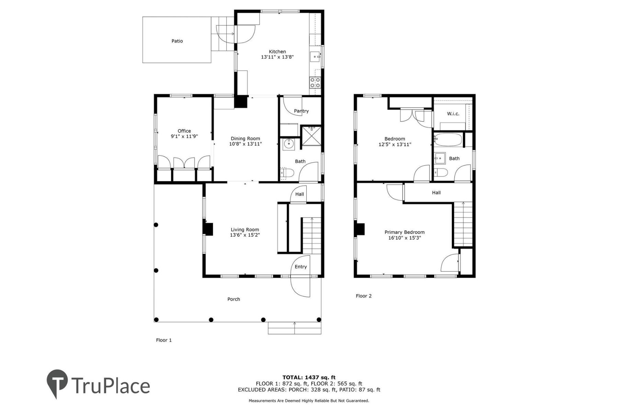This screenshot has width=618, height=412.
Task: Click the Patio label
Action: [177, 41]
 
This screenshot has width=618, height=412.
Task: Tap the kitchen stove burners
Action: [315, 82]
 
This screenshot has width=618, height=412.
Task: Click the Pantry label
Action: [301, 111]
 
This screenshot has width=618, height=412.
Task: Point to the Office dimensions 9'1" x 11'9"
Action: [184, 136]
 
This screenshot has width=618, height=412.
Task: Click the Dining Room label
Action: [245, 139]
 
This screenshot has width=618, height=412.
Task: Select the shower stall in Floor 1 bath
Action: [311, 137]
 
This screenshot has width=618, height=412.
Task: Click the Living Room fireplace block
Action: [208, 229]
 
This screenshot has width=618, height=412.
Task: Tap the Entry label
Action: [300, 267]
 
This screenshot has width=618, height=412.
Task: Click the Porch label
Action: [233, 299]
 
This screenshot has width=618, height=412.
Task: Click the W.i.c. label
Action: [453, 114]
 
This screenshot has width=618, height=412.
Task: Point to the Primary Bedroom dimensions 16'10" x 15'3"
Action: [404, 238]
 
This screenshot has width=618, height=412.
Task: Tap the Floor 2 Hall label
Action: [436, 193]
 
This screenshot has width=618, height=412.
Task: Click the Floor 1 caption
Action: [164, 340]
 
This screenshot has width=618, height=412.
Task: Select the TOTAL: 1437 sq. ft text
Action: [309, 377]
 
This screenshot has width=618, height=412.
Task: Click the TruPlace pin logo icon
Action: [57, 383]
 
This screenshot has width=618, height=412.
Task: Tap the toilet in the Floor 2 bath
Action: [441, 172]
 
